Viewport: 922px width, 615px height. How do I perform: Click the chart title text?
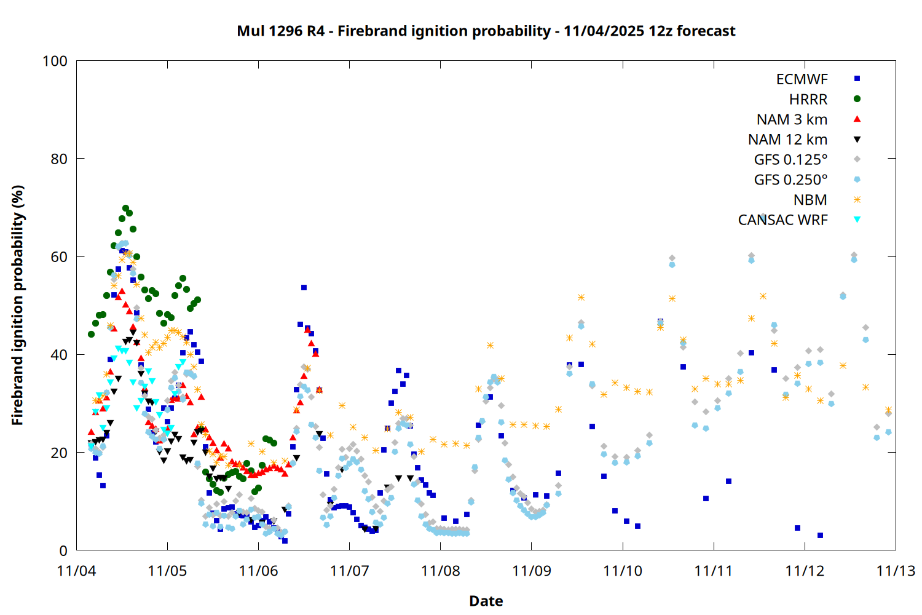pos(486,31)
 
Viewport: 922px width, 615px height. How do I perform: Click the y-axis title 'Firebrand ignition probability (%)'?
pos(17,305)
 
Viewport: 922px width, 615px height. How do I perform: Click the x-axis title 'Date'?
pos(486,601)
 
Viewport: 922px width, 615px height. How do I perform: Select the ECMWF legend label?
pos(802,79)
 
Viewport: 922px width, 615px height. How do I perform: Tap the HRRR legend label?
pos(808,100)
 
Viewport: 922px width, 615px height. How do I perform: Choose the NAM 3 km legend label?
pos(792,119)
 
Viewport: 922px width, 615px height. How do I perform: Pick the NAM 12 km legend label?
pos(787,140)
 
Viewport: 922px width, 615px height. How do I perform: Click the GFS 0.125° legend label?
pos(790,160)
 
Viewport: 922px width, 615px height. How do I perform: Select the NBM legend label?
pos(810,200)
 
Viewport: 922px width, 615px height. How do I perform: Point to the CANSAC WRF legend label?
pos(782,220)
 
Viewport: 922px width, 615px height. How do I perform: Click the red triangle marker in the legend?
pos(857,119)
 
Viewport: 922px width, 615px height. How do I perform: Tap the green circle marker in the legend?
pos(857,99)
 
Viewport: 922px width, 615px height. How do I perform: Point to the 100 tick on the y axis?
pos(55,61)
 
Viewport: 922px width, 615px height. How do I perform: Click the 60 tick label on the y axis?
pos(59,256)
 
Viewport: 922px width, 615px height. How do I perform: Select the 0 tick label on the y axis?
pos(63,550)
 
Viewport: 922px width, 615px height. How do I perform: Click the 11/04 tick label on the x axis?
pos(76,571)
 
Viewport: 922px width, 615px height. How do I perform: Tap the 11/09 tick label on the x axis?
pos(531,571)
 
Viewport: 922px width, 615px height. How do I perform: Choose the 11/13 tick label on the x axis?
pos(895,571)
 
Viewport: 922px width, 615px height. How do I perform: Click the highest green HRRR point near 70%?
pos(125,208)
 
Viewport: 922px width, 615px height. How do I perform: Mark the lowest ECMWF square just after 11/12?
pos(820,536)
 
